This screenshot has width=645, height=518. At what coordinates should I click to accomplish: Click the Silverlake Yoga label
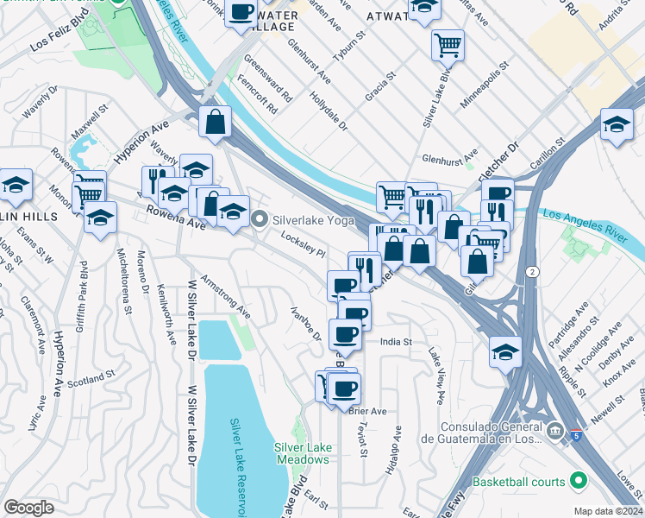tap(314, 220)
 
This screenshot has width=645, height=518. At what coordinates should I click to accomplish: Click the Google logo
tap(28, 507)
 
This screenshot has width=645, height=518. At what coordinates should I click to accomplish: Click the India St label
tap(397, 343)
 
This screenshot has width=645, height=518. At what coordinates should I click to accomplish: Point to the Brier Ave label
tap(368, 411)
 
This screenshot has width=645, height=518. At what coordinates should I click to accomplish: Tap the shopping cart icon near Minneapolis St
tap(448, 44)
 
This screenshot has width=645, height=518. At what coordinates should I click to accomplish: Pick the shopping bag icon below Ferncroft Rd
tap(214, 123)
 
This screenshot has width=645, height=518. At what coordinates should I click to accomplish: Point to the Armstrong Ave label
tap(225, 297)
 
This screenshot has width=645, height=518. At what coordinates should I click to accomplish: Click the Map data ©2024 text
tap(609, 511)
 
